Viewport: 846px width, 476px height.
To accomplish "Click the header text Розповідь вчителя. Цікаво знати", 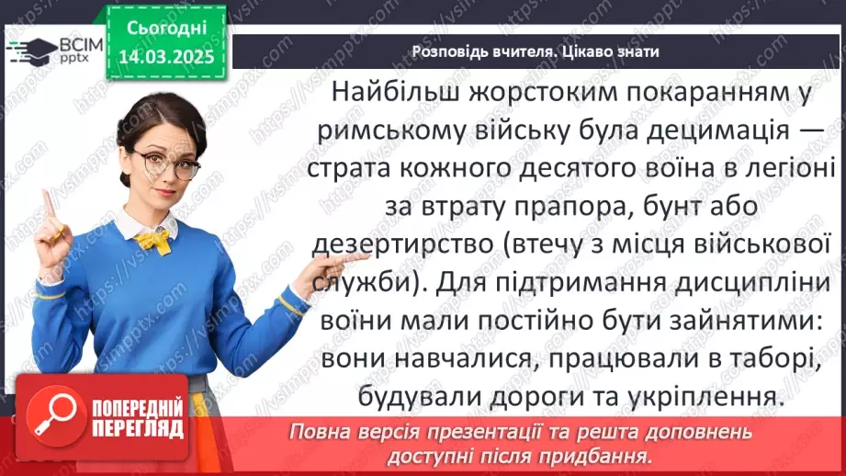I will pos(536,51).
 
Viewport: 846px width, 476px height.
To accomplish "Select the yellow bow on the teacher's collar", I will pos(152,241).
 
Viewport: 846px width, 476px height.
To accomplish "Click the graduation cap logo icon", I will pos(28,47).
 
